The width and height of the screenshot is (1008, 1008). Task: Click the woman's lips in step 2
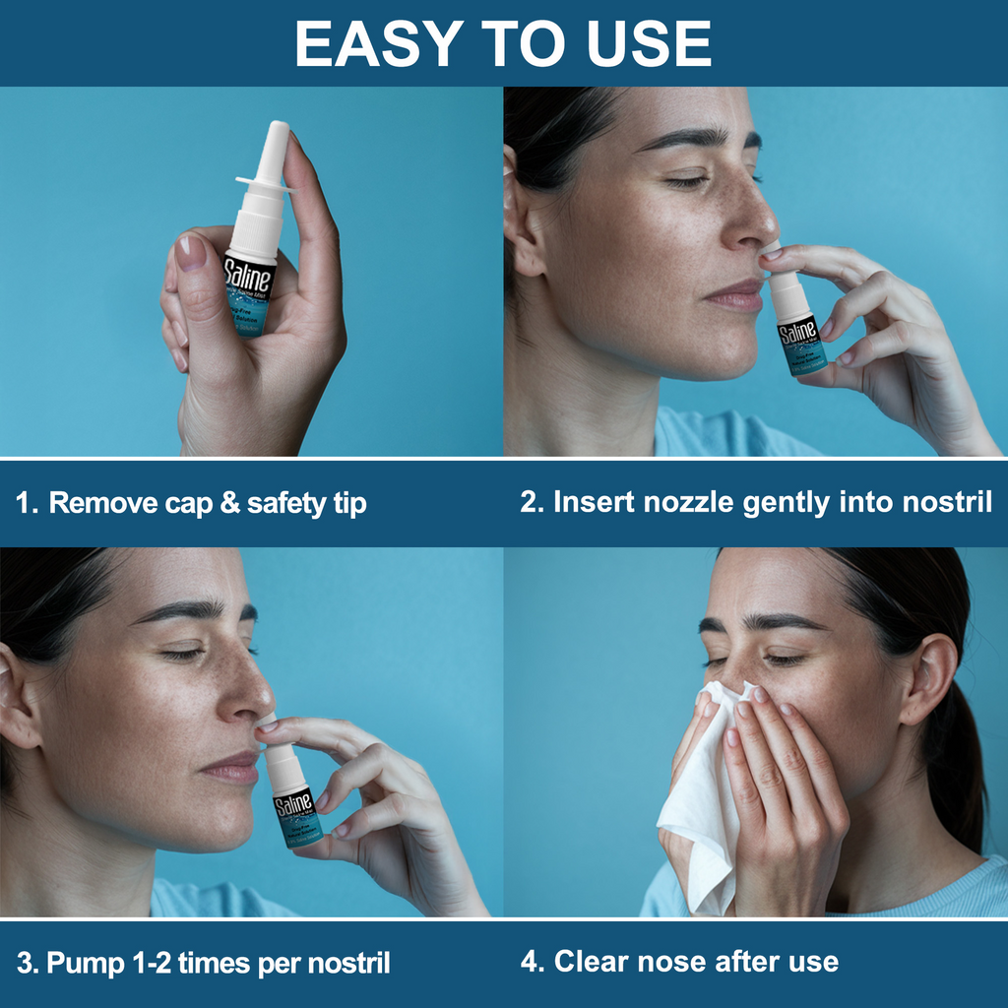click(x=736, y=294)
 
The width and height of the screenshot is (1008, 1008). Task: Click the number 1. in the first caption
click(x=27, y=504)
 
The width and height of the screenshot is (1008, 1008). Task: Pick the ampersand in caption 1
click(x=229, y=504)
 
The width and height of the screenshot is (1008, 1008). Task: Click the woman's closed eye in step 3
click(x=182, y=653)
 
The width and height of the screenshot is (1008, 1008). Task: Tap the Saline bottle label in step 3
click(x=293, y=806)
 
